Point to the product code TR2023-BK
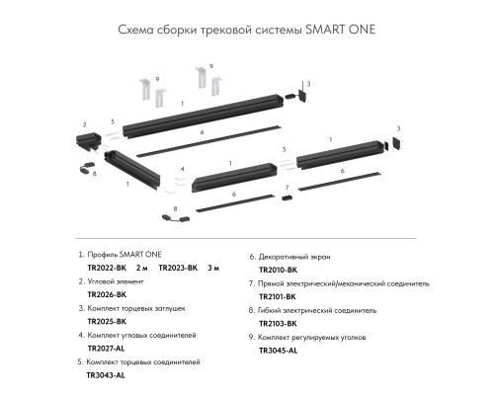[179, 268]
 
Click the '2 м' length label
[140, 268]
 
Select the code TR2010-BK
[279, 268]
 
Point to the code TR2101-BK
[279, 295]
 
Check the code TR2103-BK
[279, 322]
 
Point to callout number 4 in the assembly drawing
[183, 169]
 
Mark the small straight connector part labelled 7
[286, 197]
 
